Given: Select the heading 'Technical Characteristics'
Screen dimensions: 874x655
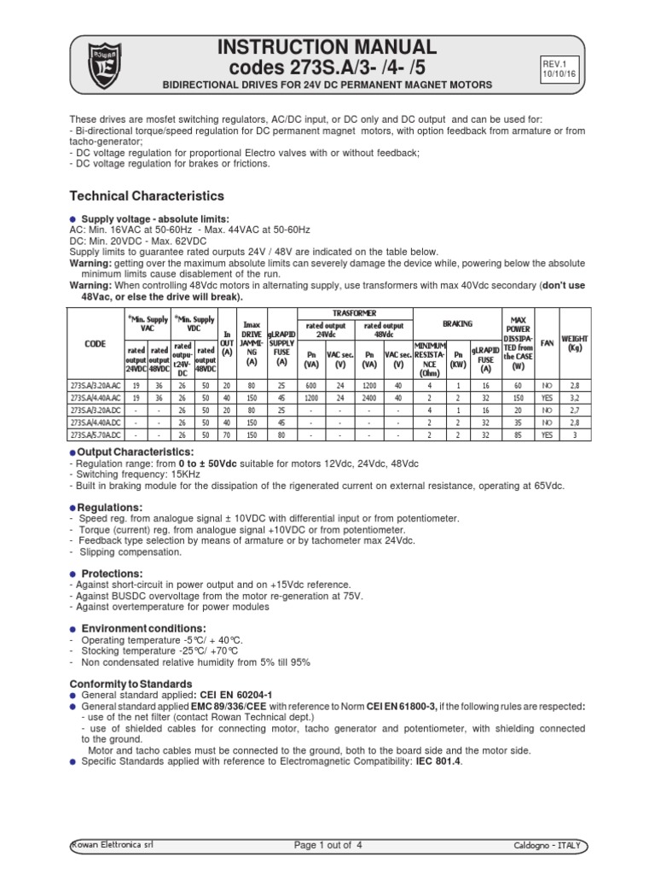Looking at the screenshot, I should pos(146,196).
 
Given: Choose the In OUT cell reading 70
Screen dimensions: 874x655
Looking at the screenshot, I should pos(227,434).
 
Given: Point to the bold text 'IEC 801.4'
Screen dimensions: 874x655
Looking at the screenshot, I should pos(436,762).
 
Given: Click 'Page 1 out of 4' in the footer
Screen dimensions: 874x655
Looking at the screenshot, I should pos(327,845).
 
